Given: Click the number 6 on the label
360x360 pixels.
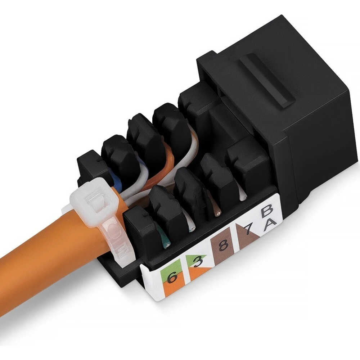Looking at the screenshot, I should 172,278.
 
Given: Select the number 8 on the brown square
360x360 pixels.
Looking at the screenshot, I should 223,246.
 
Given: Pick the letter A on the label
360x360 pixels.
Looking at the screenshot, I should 270,226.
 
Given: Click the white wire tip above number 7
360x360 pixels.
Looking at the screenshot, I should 242,196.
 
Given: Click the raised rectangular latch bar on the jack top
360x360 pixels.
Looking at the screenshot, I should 268,81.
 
